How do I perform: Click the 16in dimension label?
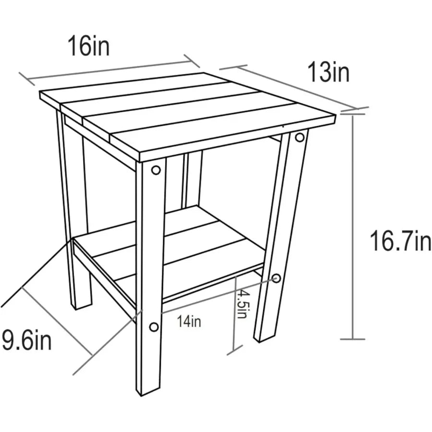[88, 46]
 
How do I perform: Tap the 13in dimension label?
[328, 72]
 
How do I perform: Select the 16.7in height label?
[400, 241]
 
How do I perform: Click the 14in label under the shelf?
[189, 321]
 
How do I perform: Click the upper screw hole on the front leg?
[156, 170]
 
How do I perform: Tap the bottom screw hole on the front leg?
[154, 327]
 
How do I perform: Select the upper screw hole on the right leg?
[300, 137]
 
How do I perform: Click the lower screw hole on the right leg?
[276, 278]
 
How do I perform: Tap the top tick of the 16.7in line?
[353, 114]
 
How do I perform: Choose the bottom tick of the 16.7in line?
[353, 339]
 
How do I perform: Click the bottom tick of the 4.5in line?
[234, 350]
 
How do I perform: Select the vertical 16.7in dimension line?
[353, 227]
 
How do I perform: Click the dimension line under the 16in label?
[109, 70]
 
